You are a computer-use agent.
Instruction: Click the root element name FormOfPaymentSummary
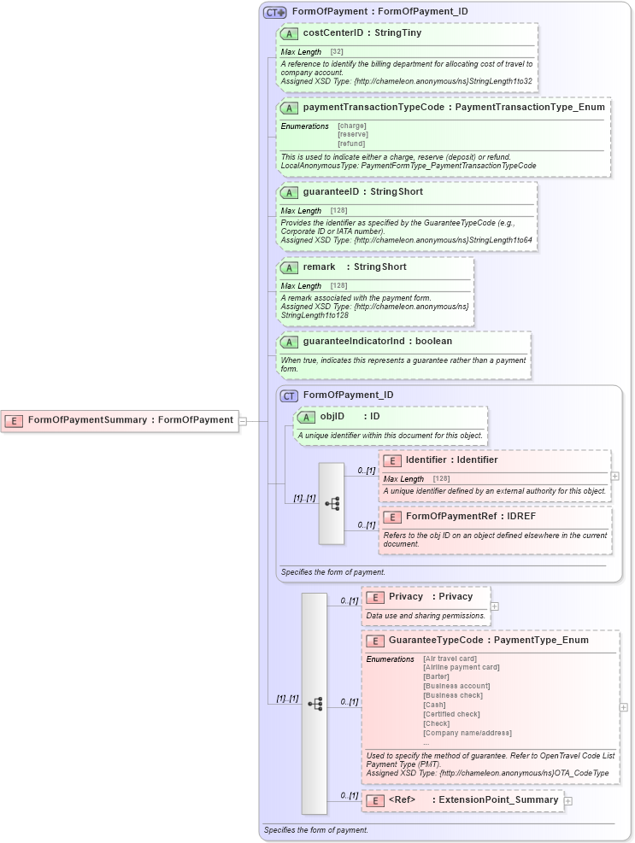(x=87, y=420)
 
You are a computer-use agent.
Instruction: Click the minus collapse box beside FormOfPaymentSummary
(x=243, y=420)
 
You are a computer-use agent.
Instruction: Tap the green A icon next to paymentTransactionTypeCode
(x=289, y=108)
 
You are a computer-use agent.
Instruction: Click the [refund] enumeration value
(x=351, y=143)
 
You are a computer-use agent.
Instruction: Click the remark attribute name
(x=319, y=267)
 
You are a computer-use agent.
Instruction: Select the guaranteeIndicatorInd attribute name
(x=353, y=342)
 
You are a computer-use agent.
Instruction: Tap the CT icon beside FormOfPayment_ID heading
(x=289, y=395)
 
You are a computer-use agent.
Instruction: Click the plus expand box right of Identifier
(x=615, y=476)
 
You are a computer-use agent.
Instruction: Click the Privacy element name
(x=406, y=597)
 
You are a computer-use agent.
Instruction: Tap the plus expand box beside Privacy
(x=495, y=606)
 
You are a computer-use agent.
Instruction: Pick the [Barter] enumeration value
(x=436, y=677)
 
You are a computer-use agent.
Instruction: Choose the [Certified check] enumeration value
(x=451, y=715)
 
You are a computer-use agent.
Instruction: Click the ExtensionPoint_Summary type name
(x=498, y=800)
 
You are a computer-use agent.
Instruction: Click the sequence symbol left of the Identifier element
(x=332, y=504)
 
